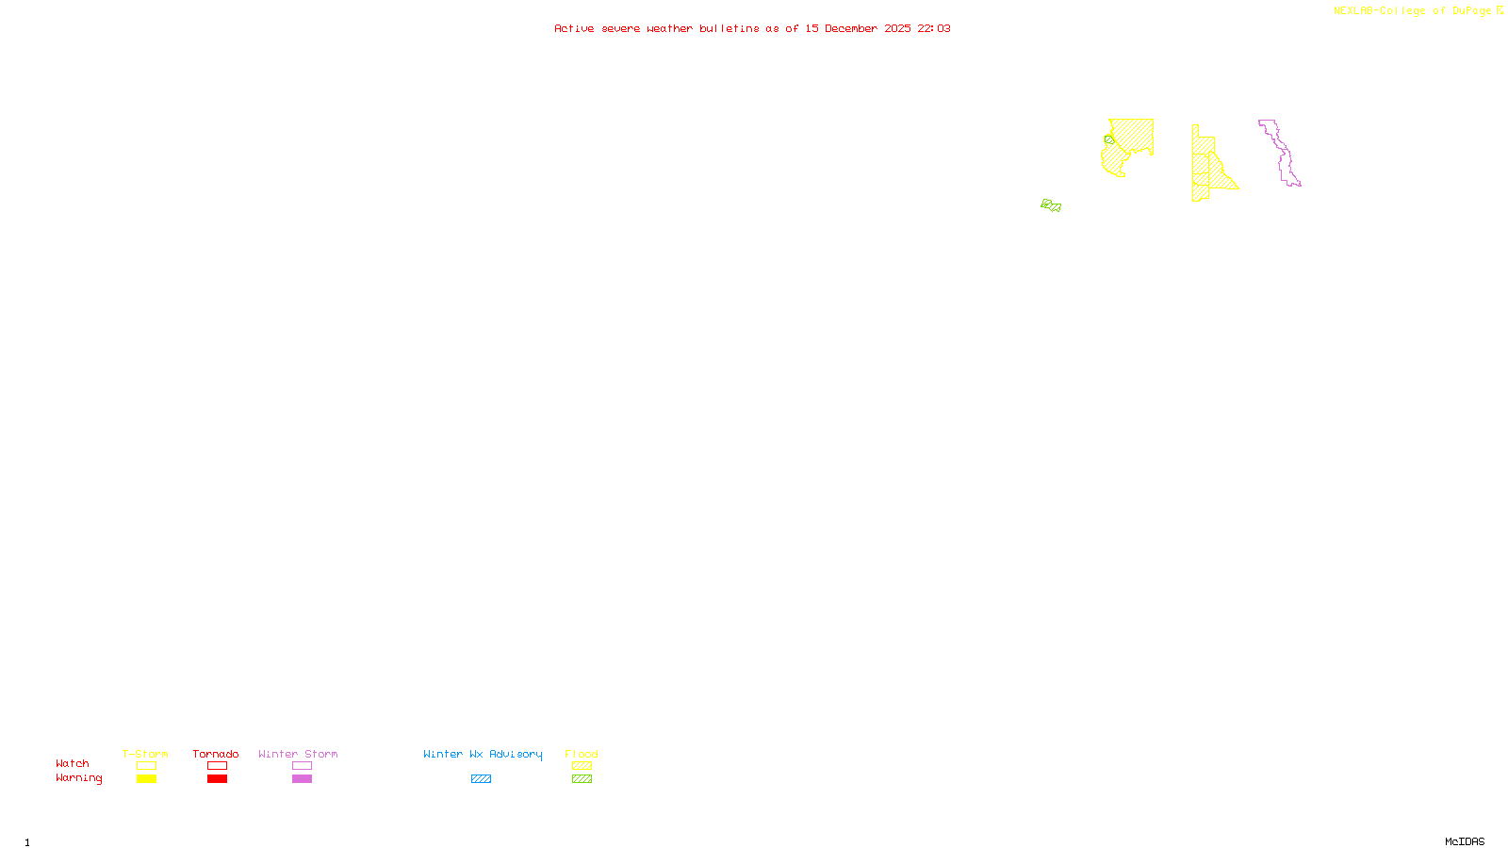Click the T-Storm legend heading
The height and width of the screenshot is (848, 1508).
[145, 754]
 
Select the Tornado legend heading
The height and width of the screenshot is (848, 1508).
[216, 754]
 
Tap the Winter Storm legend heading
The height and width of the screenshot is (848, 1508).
[298, 754]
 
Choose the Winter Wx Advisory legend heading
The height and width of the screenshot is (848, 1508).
[483, 754]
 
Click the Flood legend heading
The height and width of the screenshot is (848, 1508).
[582, 754]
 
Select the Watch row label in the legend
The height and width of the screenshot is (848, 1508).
[73, 764]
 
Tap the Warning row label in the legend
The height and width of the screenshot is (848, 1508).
[79, 778]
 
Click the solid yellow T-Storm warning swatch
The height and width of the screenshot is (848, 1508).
[146, 779]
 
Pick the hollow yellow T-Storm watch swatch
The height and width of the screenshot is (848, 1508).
[146, 766]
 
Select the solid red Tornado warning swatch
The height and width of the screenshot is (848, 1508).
[217, 779]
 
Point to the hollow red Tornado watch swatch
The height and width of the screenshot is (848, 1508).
[217, 766]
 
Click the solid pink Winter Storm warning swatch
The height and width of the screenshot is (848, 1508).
[302, 779]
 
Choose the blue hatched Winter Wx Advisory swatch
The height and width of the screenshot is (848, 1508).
[481, 779]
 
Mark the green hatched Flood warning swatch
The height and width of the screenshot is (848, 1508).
[582, 779]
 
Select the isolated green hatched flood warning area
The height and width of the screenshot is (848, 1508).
[1051, 205]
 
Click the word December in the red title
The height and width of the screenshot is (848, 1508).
[851, 28]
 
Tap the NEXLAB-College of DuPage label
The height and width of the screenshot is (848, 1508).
[1412, 11]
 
